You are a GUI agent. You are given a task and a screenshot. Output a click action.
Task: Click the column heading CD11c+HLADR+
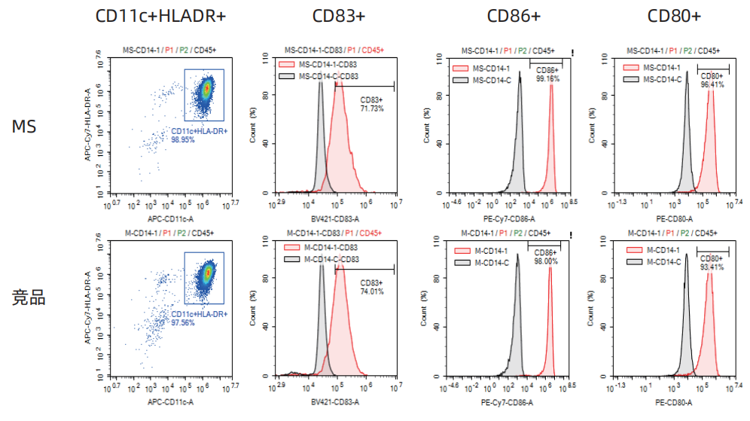pos(160,16)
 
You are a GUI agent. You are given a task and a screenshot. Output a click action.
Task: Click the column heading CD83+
pos(340,16)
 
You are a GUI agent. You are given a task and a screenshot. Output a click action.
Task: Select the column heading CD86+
pos(514,16)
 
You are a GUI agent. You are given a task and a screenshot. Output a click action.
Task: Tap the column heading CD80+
pos(675,16)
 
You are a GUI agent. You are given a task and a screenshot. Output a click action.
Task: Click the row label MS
pos(24,127)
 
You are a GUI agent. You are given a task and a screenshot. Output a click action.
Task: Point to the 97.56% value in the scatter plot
pos(183,322)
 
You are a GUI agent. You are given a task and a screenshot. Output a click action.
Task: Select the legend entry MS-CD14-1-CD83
pos(328,65)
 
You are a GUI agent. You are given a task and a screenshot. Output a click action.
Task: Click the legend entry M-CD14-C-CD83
pos(331,258)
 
